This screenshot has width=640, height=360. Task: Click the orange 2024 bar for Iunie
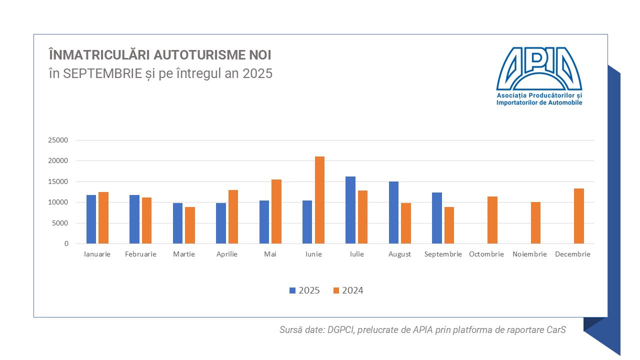click(319, 200)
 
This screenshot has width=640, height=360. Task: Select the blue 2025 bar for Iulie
click(350, 210)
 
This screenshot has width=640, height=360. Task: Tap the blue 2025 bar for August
click(393, 212)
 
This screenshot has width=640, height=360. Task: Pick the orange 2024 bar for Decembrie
click(579, 216)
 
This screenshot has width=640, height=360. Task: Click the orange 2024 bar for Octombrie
click(492, 220)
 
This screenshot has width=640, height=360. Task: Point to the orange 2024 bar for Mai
click(276, 211)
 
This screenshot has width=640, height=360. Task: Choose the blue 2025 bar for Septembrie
click(437, 218)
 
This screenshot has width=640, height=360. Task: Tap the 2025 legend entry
click(304, 290)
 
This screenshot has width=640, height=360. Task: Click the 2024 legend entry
click(348, 290)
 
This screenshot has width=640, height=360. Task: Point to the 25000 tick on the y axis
click(58, 140)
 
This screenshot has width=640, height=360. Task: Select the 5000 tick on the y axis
click(60, 223)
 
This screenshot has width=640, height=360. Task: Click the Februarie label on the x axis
click(140, 254)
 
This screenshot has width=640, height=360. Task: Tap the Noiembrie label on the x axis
click(529, 254)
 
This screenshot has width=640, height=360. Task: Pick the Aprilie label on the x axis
click(227, 254)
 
